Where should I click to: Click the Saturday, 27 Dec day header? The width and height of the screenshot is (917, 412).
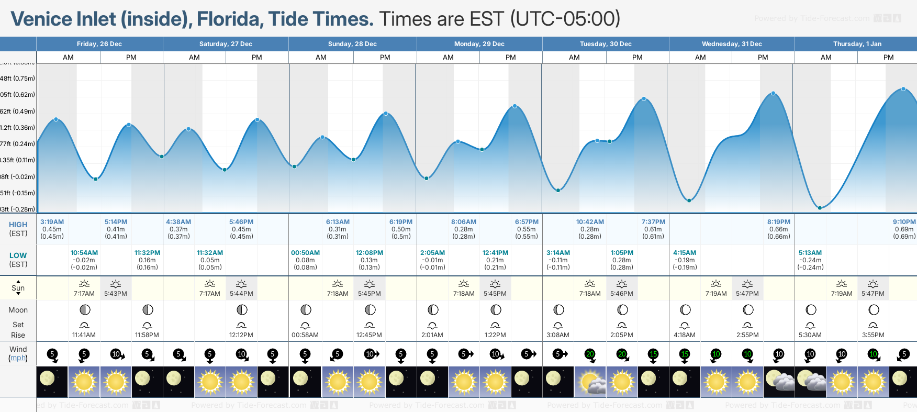(226, 44)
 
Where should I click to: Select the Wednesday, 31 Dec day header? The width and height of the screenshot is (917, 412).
(731, 44)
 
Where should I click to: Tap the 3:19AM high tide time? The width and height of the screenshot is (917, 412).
(52, 222)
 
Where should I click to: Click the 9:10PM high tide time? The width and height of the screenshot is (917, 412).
(904, 222)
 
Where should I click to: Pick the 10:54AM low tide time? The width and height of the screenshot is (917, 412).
(84, 253)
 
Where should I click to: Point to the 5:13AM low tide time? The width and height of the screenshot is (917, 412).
(810, 253)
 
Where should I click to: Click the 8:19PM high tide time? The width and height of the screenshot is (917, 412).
(779, 222)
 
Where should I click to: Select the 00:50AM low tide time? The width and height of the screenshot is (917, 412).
(305, 253)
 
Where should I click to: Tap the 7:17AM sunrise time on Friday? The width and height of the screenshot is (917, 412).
(84, 294)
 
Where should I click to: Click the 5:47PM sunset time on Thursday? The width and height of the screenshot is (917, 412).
(873, 294)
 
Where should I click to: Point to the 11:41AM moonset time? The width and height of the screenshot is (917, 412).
(84, 335)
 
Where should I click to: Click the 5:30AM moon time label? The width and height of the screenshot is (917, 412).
(810, 335)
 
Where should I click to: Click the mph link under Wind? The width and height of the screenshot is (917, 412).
(18, 358)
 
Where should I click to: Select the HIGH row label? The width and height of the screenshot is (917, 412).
(18, 225)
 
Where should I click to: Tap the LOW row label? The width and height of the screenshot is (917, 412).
(18, 255)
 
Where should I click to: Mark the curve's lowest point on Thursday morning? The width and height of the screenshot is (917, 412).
(820, 208)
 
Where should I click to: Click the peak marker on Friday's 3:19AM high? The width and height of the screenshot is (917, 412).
(56, 119)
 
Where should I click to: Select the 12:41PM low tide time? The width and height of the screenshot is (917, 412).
(495, 253)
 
